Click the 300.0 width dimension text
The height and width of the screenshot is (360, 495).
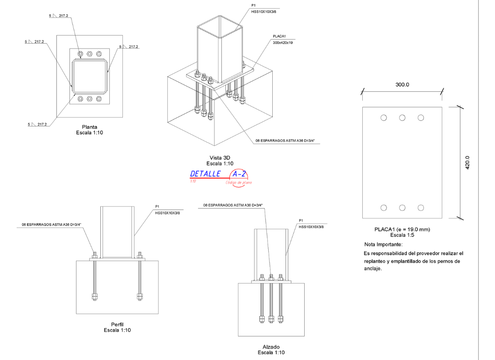tap(402, 85)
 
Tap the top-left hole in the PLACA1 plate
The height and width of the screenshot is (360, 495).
tap(383, 118)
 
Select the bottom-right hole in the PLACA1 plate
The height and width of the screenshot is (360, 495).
tap(421, 207)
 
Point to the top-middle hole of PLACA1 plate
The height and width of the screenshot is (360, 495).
tap(402, 118)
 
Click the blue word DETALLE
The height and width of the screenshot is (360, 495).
tap(205, 174)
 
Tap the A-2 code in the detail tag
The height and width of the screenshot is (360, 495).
tap(239, 174)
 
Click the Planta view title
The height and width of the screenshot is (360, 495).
tap(89, 127)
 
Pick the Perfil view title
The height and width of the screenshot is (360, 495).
tap(117, 324)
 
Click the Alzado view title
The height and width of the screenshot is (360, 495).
tap(271, 347)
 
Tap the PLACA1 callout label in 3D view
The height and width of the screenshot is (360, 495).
tap(279, 36)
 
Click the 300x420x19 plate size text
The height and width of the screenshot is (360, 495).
tap(283, 43)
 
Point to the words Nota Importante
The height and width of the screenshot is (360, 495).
tap(383, 244)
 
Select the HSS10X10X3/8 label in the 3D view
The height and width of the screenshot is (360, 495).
tap(264, 12)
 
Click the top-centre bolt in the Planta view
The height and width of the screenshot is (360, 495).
tap(90, 54)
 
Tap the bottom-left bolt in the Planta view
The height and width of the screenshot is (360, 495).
tap(80, 99)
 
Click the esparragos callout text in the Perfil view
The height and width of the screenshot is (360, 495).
tap(51, 224)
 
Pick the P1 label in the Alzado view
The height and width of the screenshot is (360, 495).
tap(301, 220)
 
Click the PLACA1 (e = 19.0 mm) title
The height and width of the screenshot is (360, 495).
tap(402, 229)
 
